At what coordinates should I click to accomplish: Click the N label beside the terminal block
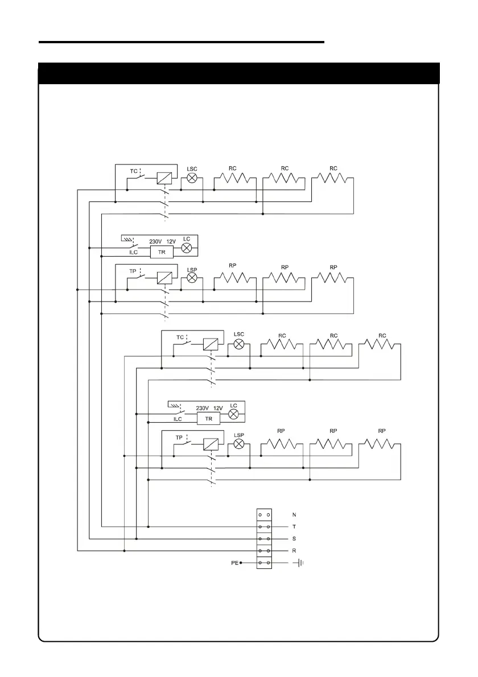294,514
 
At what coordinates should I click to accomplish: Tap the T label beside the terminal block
294,527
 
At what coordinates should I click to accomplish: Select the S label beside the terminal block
294,539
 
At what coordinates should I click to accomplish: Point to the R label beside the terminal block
294,551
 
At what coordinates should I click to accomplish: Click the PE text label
234,563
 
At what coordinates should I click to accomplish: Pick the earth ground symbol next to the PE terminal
300,563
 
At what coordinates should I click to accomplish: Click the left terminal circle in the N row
259,514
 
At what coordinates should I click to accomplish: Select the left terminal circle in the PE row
259,563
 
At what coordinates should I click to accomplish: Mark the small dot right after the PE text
241,563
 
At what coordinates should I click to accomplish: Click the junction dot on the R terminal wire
124,551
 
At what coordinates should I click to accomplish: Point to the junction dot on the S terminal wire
136,539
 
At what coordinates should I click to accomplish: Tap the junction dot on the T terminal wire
148,527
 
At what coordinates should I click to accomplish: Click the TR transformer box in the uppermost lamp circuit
162,251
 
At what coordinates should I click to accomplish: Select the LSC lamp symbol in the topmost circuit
192,178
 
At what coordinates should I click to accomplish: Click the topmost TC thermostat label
133,171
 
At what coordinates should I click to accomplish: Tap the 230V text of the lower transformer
202,408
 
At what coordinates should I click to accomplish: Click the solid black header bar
238,73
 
